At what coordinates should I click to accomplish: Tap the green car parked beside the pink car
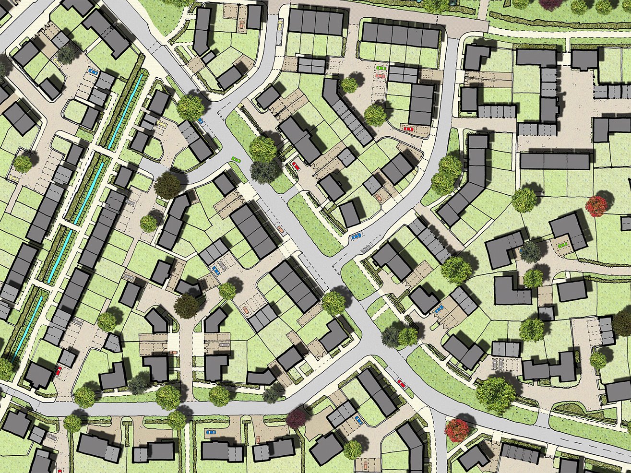pyautogui.click(x=380, y=69)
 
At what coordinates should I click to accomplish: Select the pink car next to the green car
pyautogui.click(x=380, y=76)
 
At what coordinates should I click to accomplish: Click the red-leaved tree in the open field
pyautogui.click(x=596, y=206)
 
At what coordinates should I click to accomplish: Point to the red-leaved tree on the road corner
pyautogui.click(x=456, y=430)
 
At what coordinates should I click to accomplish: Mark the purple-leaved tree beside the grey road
pyautogui.click(x=296, y=417)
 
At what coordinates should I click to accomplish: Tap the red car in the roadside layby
pyautogui.click(x=401, y=383)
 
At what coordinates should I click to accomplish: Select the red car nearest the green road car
pyautogui.click(x=296, y=166)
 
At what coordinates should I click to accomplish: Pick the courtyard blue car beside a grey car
pyautogui.click(x=216, y=270)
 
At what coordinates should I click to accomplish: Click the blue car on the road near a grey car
pyautogui.click(x=356, y=236)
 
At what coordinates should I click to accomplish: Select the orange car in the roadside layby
pyautogui.click(x=280, y=229)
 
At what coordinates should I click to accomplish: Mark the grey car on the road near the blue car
pyautogui.click(x=367, y=248)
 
